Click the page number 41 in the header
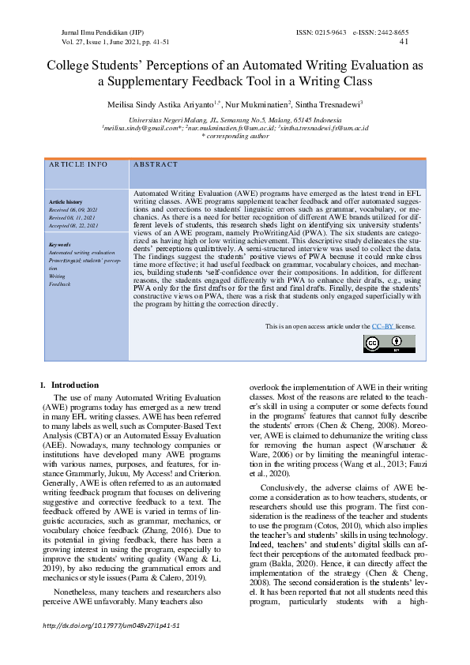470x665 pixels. [404, 42]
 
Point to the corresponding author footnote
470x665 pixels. [235, 136]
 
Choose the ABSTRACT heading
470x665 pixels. [156, 165]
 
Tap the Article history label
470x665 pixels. [65, 203]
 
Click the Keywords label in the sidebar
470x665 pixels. [60, 244]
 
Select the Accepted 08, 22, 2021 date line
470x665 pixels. [73, 225]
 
